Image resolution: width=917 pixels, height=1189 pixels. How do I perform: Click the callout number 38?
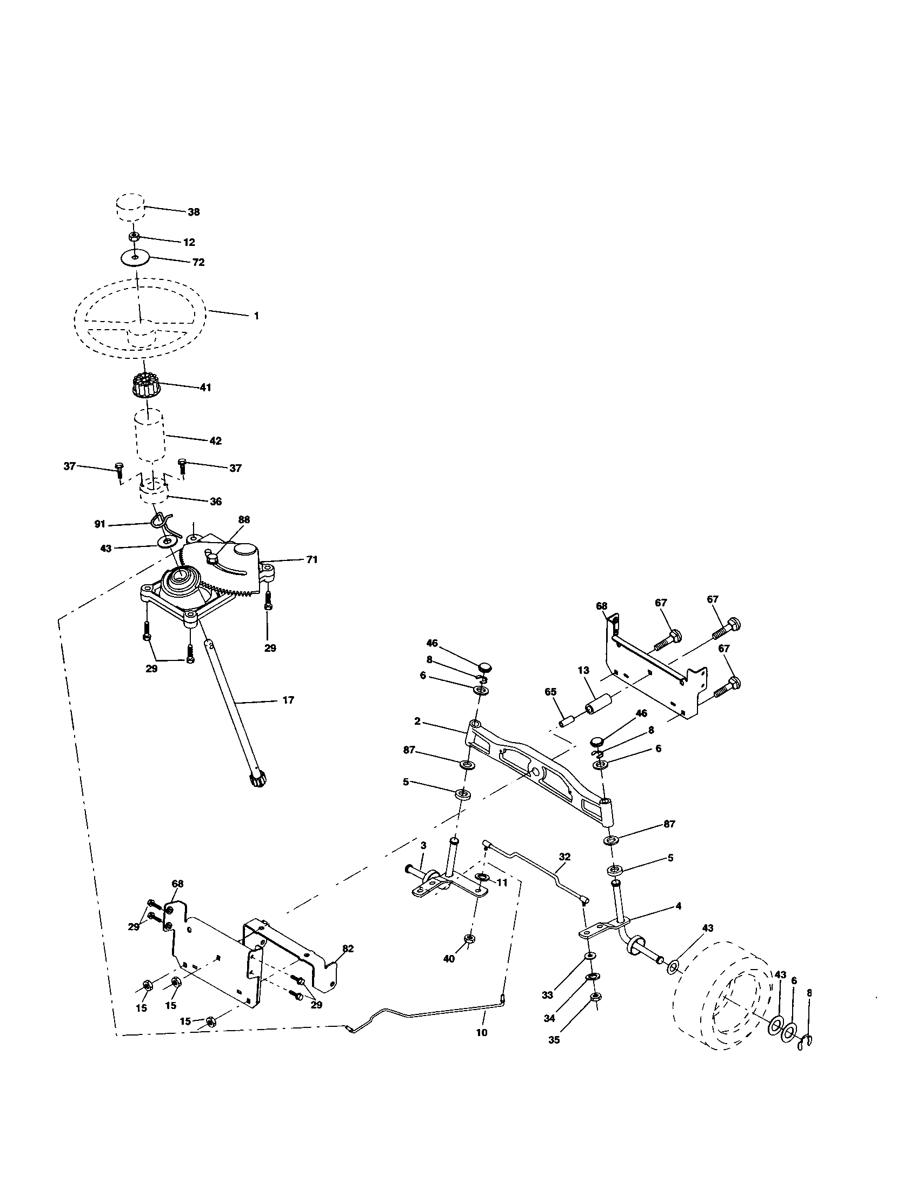[x=194, y=212]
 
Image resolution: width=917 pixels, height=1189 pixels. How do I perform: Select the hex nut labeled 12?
[x=132, y=237]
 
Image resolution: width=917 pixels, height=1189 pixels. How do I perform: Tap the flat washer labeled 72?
[x=135, y=256]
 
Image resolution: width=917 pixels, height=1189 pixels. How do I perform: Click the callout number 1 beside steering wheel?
[x=256, y=316]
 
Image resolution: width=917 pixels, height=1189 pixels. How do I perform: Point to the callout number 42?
[x=215, y=441]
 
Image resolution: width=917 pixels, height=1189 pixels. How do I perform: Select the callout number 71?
[x=311, y=559]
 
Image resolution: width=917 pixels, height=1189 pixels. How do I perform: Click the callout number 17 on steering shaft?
[x=288, y=700]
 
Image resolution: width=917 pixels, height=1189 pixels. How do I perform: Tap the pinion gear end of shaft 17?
[x=255, y=782]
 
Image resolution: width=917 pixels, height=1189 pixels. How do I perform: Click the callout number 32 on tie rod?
[x=564, y=857]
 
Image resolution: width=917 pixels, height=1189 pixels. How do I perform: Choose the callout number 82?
[x=348, y=948]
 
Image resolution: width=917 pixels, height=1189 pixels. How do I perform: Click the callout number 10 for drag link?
[x=481, y=1032]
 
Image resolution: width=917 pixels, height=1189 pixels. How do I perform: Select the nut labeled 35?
[x=596, y=997]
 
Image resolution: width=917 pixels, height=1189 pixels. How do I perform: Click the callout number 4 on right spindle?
[x=678, y=906]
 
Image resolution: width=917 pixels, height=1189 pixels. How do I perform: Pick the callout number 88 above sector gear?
[x=244, y=520]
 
